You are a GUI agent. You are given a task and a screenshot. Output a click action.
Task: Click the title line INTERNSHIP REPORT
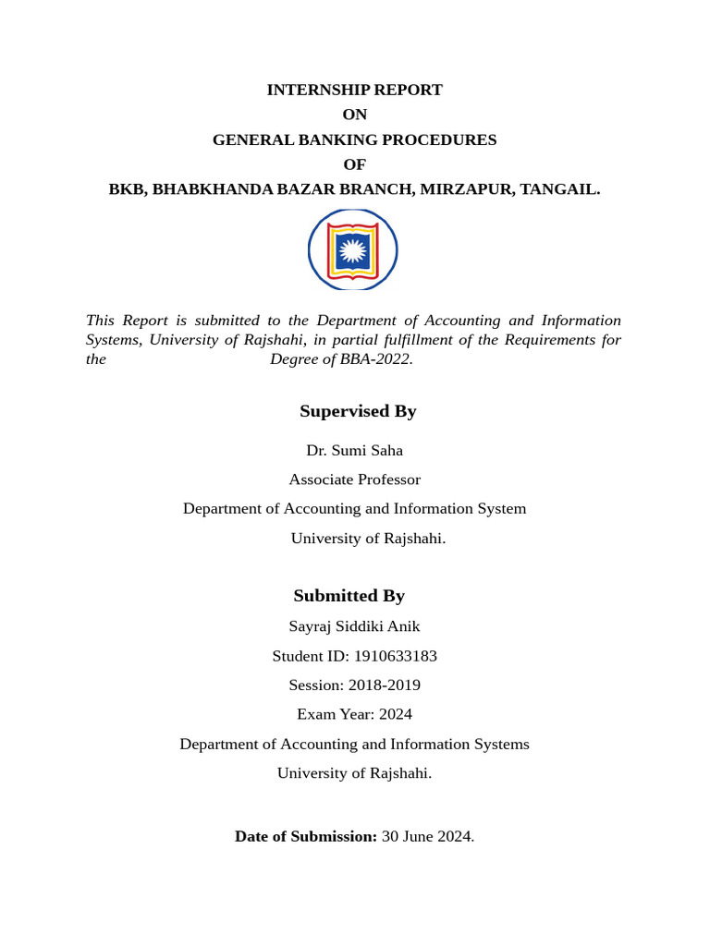pyautogui.click(x=354, y=90)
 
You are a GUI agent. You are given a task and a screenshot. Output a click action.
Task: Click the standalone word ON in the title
pyautogui.click(x=354, y=115)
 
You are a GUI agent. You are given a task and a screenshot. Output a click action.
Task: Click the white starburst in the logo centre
pyautogui.click(x=352, y=249)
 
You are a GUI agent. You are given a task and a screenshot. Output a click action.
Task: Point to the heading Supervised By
pyautogui.click(x=358, y=411)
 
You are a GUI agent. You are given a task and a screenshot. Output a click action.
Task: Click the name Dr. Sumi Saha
pyautogui.click(x=354, y=451)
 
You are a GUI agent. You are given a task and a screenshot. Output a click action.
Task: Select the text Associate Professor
pyautogui.click(x=354, y=479)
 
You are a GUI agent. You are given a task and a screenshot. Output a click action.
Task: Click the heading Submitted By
pyautogui.click(x=349, y=596)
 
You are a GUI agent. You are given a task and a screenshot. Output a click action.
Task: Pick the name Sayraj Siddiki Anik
pyautogui.click(x=354, y=626)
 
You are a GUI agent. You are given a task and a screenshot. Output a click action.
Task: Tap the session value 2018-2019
pyautogui.click(x=384, y=685)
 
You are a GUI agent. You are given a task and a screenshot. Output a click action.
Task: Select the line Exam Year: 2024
pyautogui.click(x=354, y=714)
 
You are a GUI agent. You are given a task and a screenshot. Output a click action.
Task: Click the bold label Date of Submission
pyautogui.click(x=305, y=837)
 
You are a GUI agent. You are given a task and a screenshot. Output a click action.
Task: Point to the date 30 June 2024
pyautogui.click(x=427, y=837)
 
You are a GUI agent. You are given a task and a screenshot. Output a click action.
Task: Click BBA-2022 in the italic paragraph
pyautogui.click(x=374, y=359)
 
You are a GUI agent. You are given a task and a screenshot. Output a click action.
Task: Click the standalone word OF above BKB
pyautogui.click(x=354, y=164)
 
